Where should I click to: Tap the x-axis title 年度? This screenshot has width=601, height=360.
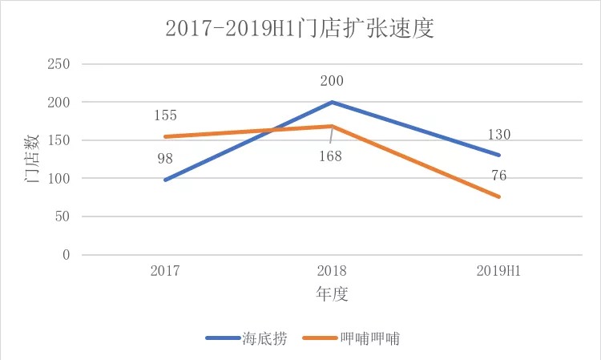click(331, 294)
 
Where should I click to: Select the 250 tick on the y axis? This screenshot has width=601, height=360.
click(59, 64)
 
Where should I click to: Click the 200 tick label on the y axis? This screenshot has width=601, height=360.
click(59, 103)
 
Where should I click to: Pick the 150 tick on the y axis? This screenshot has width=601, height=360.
click(59, 140)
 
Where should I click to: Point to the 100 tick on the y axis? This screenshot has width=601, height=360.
click(59, 179)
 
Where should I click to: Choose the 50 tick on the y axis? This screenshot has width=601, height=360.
click(63, 216)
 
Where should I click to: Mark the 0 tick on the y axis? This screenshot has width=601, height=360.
click(66, 255)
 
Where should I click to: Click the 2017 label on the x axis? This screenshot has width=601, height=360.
click(165, 270)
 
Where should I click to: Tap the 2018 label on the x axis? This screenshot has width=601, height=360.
click(331, 270)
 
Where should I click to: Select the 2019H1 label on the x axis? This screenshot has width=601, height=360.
click(498, 270)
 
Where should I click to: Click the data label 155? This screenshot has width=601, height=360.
click(164, 116)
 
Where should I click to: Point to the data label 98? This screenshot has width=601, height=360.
click(164, 159)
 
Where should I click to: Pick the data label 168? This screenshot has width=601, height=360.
click(329, 156)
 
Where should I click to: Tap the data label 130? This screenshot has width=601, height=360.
click(498, 135)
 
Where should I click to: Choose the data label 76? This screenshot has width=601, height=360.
click(498, 176)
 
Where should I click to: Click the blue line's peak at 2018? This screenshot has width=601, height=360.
click(331, 102)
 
